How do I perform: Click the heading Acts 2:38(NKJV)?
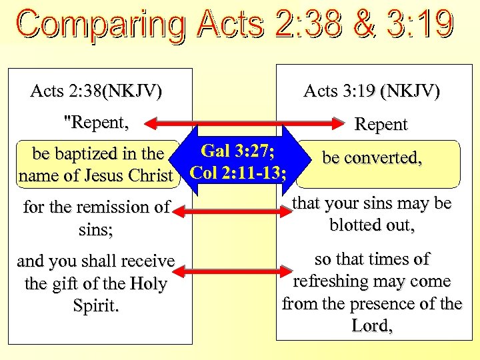pyautogui.click(x=96, y=91)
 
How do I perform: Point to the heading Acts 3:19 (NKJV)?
pyautogui.click(x=371, y=91)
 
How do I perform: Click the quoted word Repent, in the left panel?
pyautogui.click(x=95, y=122)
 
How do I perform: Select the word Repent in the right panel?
pyautogui.click(x=381, y=124)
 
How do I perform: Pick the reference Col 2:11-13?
pyautogui.click(x=239, y=173)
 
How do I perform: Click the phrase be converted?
pyautogui.click(x=372, y=157)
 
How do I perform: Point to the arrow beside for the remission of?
pyautogui.click(x=233, y=212)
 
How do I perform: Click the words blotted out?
pyautogui.click(x=372, y=225)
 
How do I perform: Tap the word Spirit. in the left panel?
pyautogui.click(x=95, y=306)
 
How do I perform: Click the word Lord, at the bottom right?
pyautogui.click(x=372, y=327)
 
